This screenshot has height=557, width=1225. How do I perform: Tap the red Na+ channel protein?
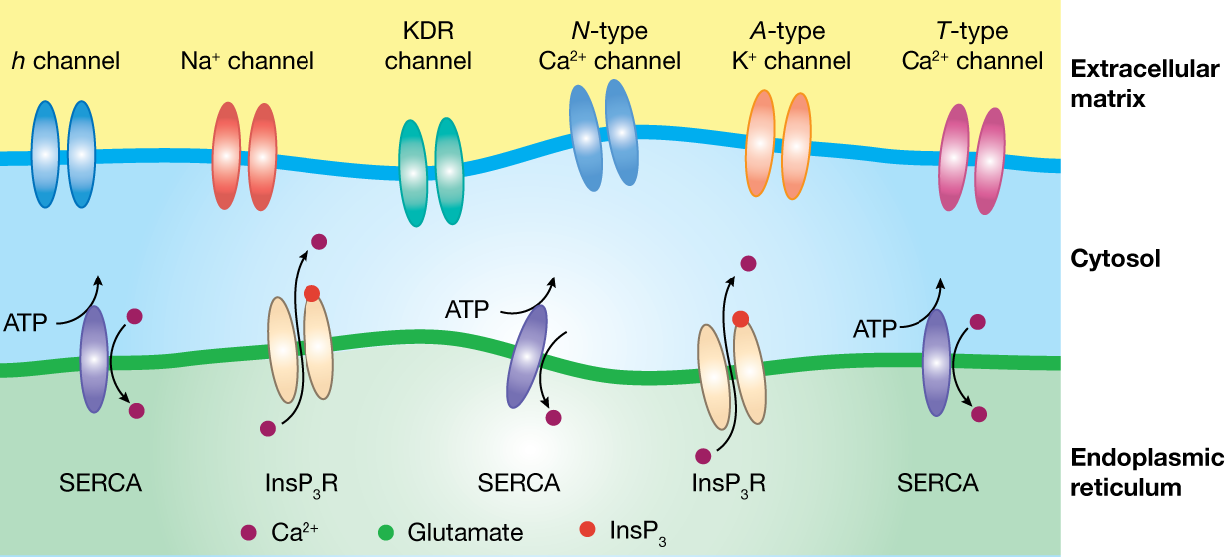(244, 158)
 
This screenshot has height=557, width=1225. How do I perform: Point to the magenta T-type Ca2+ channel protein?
(974, 159)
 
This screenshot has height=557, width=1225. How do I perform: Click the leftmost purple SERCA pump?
(93, 359)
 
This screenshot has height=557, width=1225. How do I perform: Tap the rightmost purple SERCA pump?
(936, 361)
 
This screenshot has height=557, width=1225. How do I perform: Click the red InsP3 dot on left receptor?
(311, 293)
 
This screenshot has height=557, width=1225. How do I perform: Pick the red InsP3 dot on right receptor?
(740, 319)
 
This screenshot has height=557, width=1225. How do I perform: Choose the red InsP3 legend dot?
(587, 528)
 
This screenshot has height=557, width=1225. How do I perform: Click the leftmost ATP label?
(25, 323)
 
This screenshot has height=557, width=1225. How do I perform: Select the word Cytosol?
(1115, 259)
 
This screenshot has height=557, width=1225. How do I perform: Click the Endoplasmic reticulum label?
(1146, 472)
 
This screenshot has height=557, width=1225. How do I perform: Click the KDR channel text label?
(428, 47)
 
